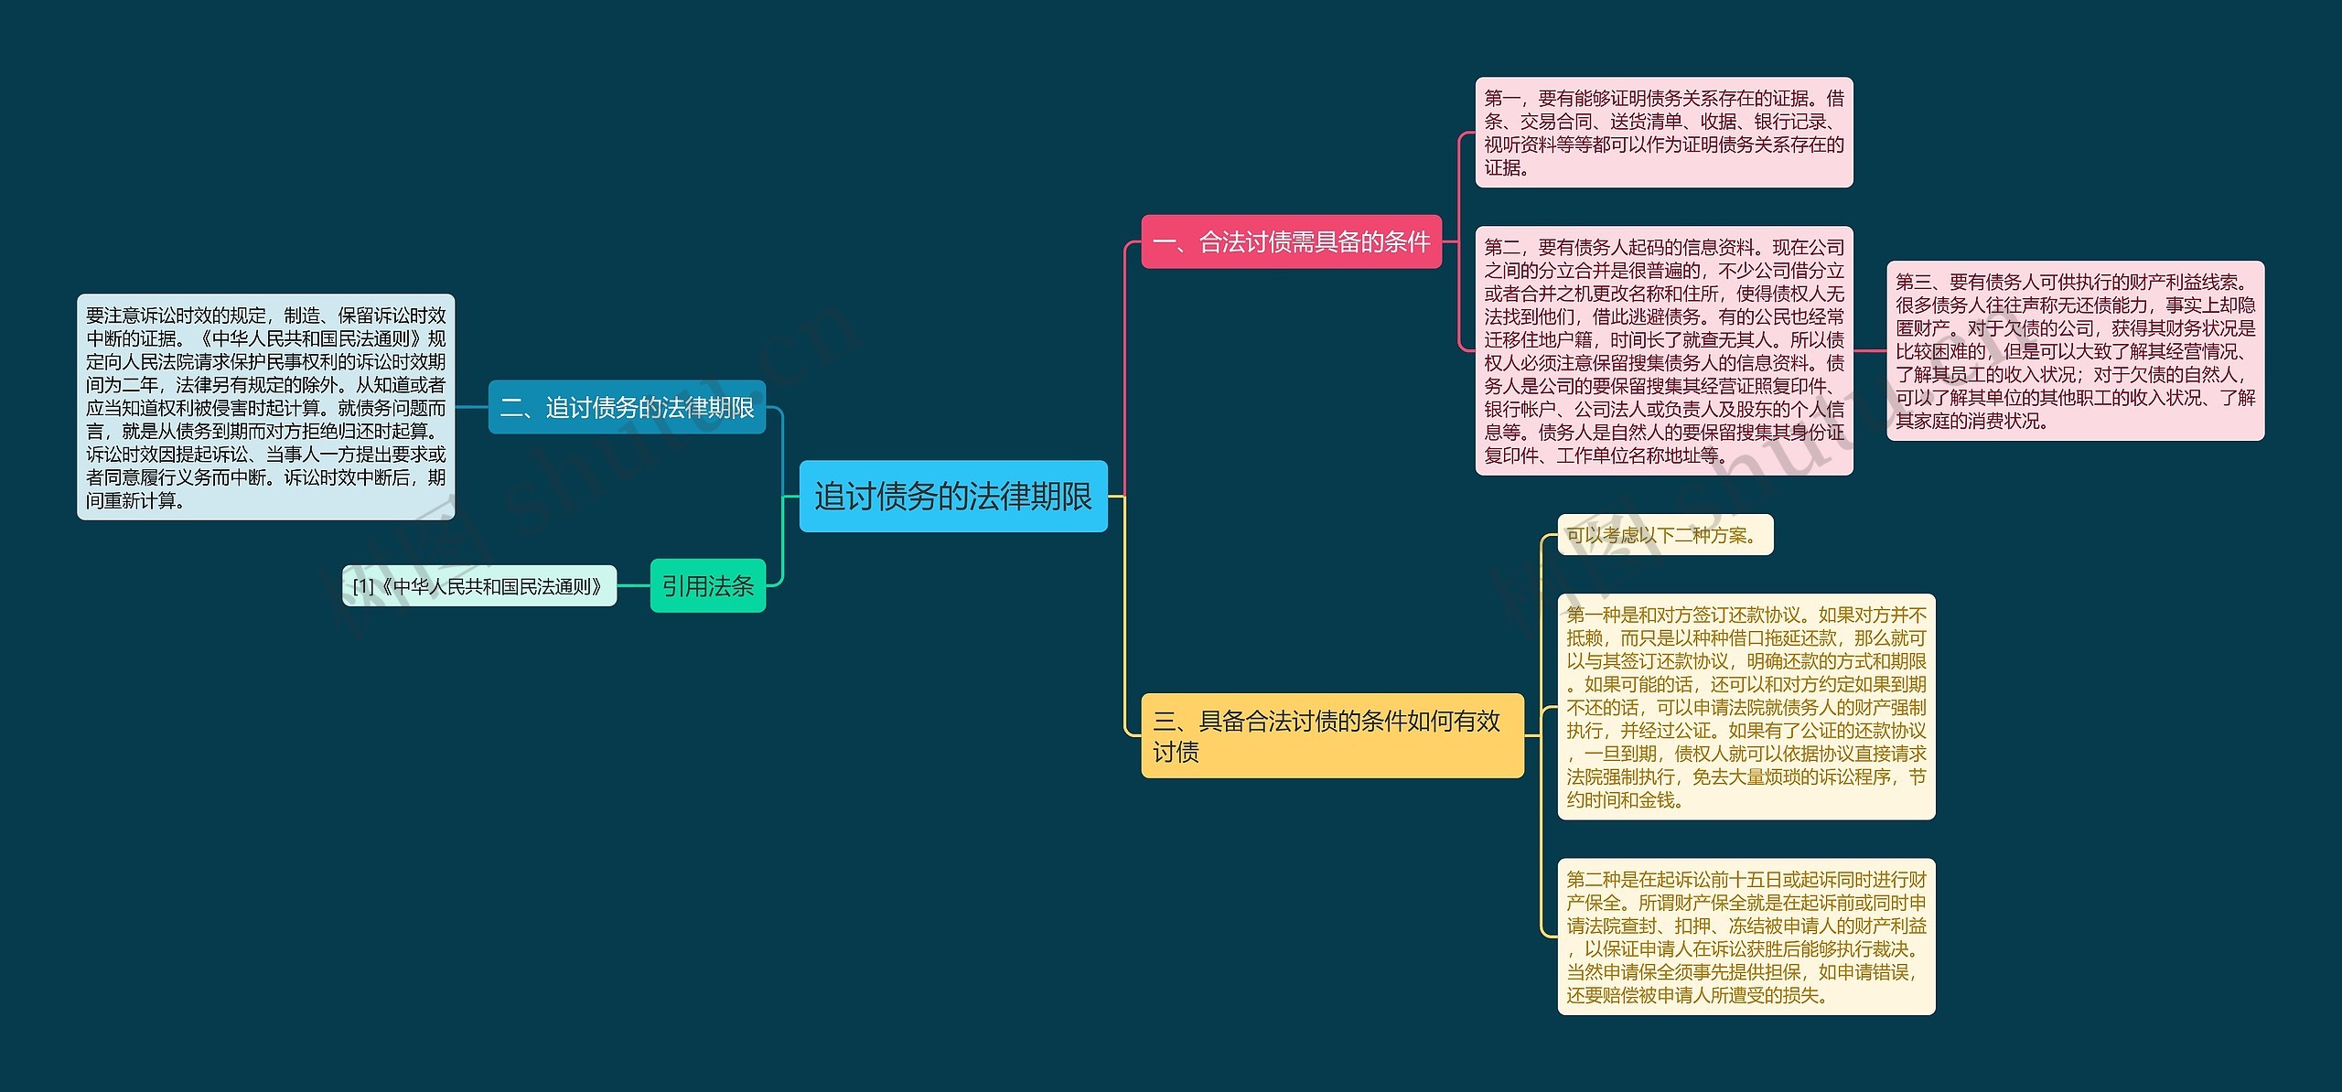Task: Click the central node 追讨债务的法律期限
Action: point(952,497)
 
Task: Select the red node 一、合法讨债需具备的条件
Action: point(1291,242)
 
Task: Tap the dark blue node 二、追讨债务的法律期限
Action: point(627,407)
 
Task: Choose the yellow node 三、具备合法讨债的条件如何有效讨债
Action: point(1331,735)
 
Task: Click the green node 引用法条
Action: point(707,585)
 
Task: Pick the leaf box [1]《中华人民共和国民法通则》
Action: point(479,586)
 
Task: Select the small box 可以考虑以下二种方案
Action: point(1664,535)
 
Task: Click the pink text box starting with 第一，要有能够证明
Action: point(1663,133)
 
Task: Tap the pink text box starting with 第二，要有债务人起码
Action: point(1663,350)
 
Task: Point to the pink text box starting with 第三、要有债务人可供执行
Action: point(2075,350)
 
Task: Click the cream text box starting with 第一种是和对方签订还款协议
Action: point(1746,707)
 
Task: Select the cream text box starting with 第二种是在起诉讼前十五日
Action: point(1746,937)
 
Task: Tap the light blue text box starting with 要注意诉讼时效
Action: point(265,407)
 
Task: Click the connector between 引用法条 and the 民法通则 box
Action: point(633,586)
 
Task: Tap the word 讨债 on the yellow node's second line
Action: point(1176,753)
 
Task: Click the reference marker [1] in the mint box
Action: point(363,586)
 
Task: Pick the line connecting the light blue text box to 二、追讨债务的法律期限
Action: point(471,407)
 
